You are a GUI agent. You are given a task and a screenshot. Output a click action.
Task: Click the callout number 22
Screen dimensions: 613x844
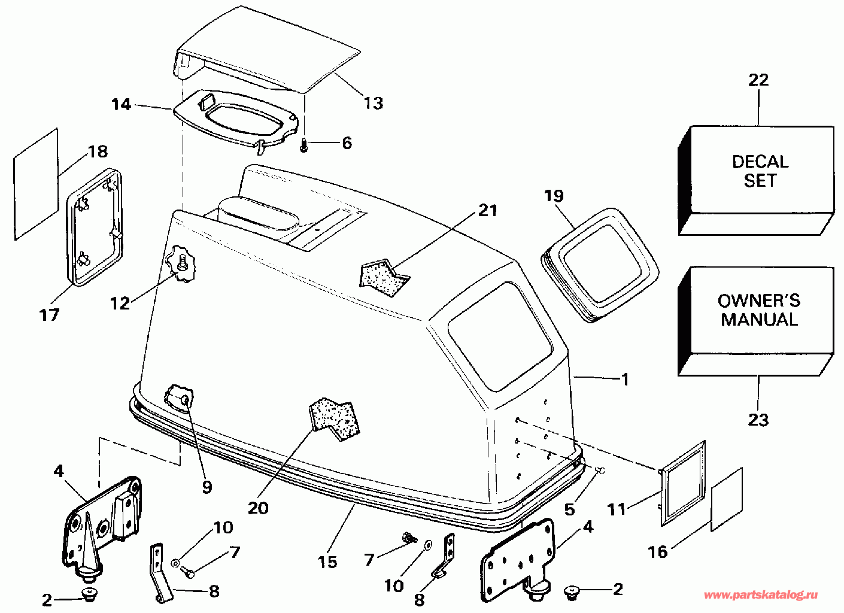758,80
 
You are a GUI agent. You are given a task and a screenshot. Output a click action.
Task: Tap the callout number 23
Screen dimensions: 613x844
758,420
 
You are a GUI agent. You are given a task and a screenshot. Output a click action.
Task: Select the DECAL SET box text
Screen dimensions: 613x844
760,171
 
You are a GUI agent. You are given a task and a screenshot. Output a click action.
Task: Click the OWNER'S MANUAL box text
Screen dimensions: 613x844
759,309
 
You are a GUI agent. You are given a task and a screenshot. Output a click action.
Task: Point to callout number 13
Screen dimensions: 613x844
374,103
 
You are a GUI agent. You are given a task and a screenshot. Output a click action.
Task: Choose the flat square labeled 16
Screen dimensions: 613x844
727,500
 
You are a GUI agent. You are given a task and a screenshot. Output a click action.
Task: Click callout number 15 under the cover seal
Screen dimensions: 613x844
327,562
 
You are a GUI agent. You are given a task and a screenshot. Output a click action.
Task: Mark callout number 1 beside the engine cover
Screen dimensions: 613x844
625,379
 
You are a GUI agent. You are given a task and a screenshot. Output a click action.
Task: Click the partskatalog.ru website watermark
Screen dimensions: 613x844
760,595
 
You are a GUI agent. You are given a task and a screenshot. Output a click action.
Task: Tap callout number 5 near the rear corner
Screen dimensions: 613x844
569,509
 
